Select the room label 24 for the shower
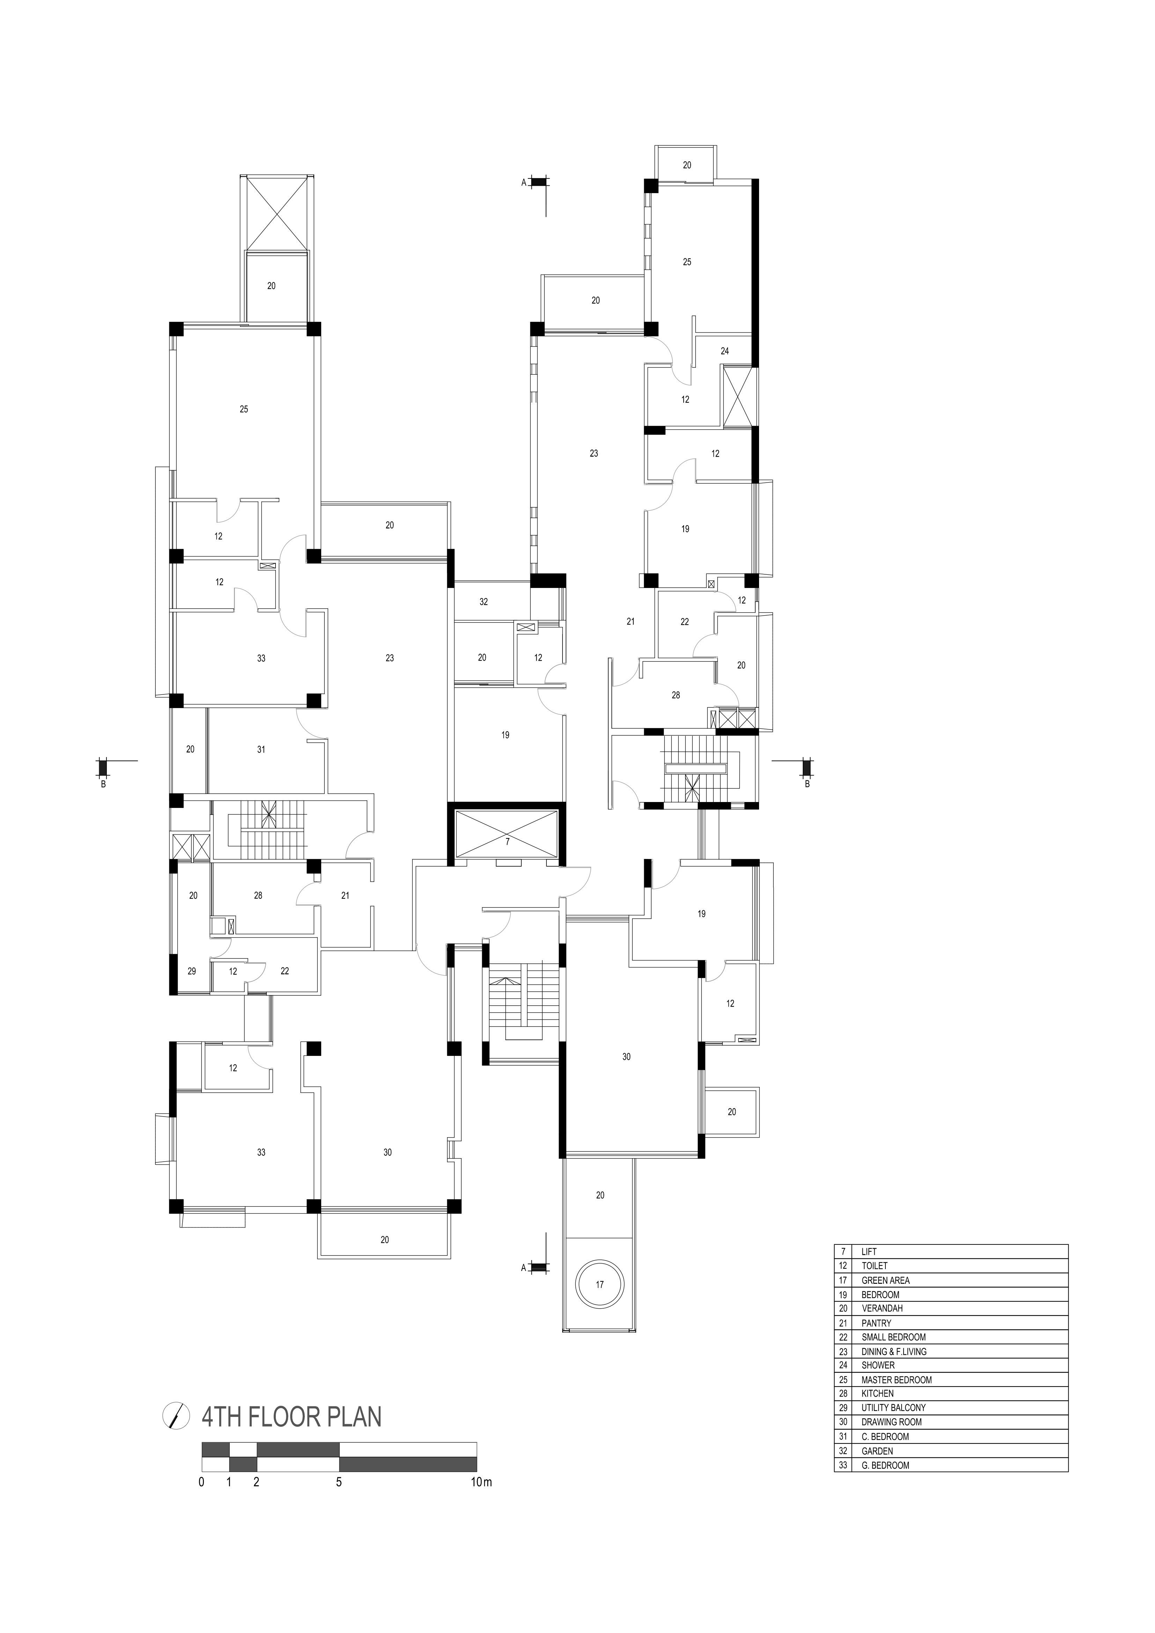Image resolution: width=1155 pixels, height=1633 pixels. [725, 351]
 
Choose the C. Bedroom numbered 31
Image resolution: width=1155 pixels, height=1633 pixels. [261, 750]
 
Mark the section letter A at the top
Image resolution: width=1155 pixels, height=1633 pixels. [523, 183]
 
